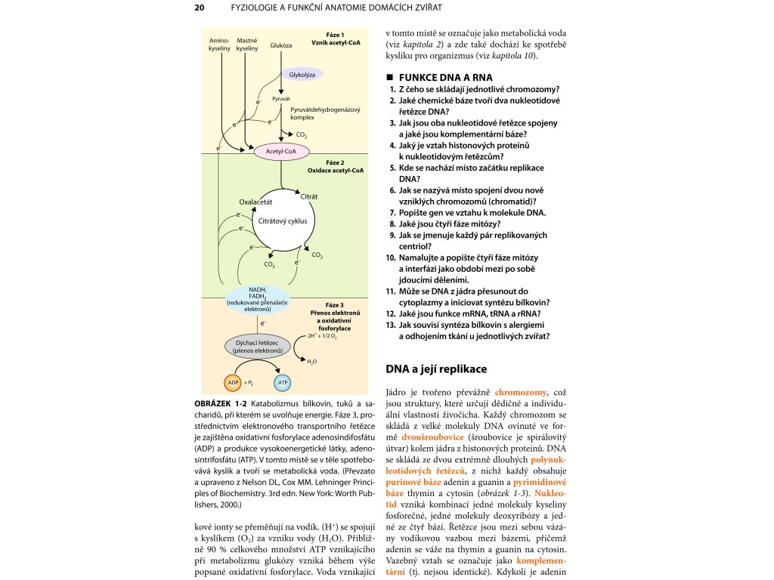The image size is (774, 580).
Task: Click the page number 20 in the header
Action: coord(200,8)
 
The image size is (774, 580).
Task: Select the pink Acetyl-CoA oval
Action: coord(281,152)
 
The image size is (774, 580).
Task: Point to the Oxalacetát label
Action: coord(255,202)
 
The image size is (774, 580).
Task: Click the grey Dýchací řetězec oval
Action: coord(257,347)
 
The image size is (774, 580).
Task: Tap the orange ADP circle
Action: coord(233,383)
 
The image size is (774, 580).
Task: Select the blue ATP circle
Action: coord(283,383)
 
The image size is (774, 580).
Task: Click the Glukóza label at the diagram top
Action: coord(280,45)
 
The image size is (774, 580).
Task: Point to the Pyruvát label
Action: coord(281,99)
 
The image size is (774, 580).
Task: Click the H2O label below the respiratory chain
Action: coord(311,362)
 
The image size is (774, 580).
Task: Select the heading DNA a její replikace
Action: coord(436,369)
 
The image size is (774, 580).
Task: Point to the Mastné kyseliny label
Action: coord(247,44)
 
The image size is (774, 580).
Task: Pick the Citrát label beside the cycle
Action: coord(308,196)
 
